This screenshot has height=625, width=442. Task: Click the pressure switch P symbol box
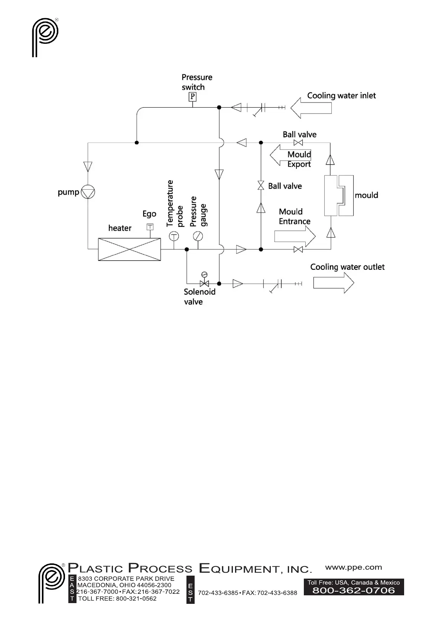coord(192,97)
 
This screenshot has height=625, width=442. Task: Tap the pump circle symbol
coord(88,192)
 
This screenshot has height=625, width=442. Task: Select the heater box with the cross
coord(129,249)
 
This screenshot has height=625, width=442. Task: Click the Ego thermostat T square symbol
coord(150,227)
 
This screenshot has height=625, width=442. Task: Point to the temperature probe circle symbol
coord(173,236)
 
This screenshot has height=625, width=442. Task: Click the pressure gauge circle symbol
coord(198,236)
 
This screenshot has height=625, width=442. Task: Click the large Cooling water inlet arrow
coord(311,108)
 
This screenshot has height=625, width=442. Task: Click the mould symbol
coord(338,196)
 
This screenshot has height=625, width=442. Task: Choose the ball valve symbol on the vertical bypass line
coord(261,186)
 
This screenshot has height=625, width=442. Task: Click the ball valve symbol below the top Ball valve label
coord(298,143)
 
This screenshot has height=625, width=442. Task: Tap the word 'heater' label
coord(120,228)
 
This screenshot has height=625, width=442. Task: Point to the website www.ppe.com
coord(353,567)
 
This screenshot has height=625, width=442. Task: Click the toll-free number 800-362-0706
coord(354,590)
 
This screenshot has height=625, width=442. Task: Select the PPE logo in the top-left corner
coord(45,37)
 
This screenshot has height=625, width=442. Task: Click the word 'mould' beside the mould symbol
coord(366,195)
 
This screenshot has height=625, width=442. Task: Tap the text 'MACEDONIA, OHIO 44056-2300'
coord(124,585)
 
